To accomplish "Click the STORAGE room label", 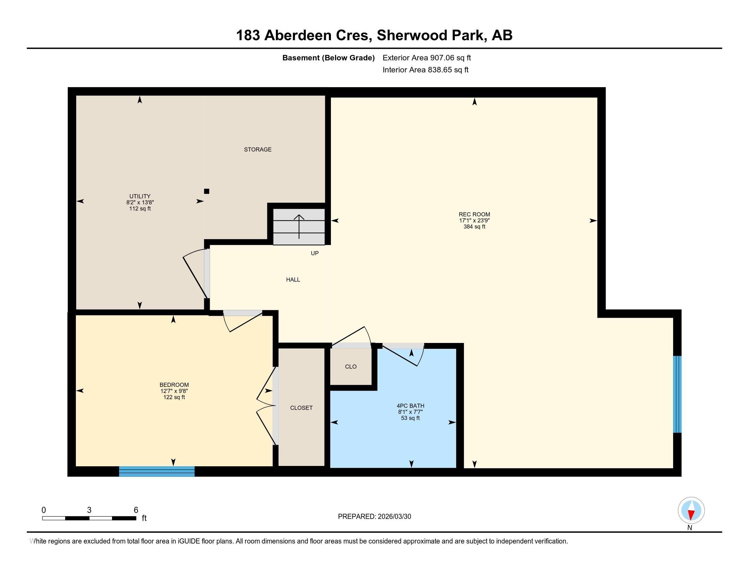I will click(258, 150).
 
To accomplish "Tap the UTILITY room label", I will click(140, 197).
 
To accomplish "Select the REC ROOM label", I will click(474, 214).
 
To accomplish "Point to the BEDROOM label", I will click(174, 385).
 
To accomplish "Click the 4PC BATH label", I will click(411, 406).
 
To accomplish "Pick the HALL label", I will click(293, 280).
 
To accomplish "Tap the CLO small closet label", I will click(350, 367).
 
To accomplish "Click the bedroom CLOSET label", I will click(301, 408).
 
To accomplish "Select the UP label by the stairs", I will click(315, 253).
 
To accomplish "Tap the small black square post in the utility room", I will click(206, 191).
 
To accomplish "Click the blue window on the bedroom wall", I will click(157, 471).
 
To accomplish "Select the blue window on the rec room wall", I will click(677, 394).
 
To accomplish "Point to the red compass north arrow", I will click(691, 515).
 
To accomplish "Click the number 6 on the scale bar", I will click(136, 510).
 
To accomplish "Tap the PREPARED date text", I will click(374, 517).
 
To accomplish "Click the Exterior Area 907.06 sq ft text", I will click(427, 58).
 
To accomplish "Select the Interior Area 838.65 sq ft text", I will click(425, 70).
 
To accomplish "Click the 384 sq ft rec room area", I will click(474, 227).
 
